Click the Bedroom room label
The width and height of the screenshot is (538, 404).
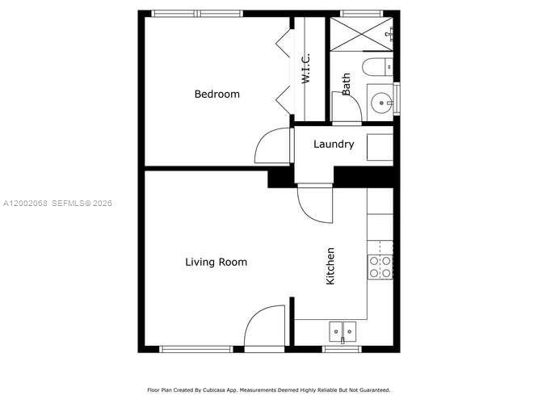(x=216, y=95)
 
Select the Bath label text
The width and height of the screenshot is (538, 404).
(x=347, y=85)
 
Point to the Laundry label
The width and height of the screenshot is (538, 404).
(x=334, y=145)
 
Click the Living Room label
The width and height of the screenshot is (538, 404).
(x=216, y=262)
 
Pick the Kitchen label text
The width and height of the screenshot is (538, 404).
(x=330, y=266)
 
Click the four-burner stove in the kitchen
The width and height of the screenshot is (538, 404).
(x=380, y=267)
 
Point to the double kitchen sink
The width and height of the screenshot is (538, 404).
(x=343, y=330)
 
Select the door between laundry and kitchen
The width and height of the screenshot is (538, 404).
(x=313, y=203)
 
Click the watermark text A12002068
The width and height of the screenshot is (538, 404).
(x=24, y=203)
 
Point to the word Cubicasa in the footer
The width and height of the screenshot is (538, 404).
(x=212, y=389)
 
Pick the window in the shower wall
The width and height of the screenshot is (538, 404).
(x=363, y=13)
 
